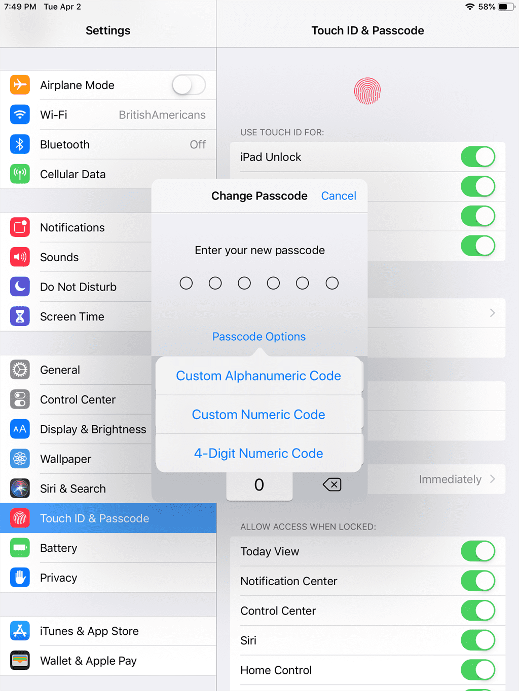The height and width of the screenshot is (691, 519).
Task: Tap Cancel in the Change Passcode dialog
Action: (339, 196)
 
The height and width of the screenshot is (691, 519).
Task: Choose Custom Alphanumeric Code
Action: (258, 376)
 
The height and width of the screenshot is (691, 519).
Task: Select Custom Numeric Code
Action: (258, 415)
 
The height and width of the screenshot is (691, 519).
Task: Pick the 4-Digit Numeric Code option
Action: (258, 453)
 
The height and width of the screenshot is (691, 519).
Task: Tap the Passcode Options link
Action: (259, 337)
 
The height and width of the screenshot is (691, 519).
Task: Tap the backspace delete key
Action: (332, 484)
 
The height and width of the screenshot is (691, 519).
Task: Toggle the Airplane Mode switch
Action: (189, 85)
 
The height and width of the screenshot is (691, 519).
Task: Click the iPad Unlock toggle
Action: (478, 156)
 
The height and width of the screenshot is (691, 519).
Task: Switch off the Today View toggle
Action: (478, 551)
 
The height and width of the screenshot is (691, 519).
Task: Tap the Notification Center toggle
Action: (478, 581)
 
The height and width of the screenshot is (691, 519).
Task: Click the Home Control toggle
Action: (478, 670)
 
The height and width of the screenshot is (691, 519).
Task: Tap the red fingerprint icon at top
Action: (367, 91)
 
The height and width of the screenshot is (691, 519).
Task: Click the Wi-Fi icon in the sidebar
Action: (20, 114)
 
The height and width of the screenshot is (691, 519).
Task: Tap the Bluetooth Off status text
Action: (198, 144)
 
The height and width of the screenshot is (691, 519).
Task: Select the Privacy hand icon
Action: (20, 578)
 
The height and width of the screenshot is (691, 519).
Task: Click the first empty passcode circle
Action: (186, 283)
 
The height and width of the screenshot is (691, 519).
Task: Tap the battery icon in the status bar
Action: (506, 7)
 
